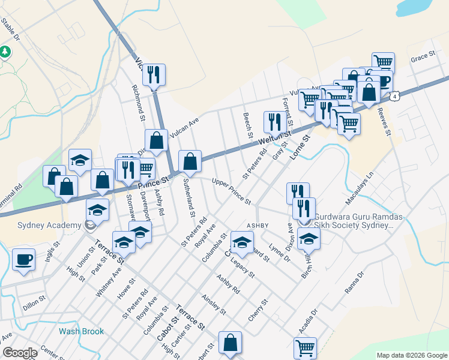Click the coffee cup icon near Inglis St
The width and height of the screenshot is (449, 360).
pos(24,259)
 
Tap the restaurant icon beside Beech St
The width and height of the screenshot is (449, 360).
pos(273,122)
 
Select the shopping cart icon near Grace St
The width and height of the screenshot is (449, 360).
pos(382,62)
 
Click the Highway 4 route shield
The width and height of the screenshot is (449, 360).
pos(394,96)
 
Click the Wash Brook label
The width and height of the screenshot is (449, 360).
pos(81,331)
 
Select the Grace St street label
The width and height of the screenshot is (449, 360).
pos(423,56)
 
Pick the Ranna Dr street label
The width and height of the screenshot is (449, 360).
pos(354,283)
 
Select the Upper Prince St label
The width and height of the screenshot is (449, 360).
pos(231,190)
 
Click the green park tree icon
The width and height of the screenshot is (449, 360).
pos(5,52)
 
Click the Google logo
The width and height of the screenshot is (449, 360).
pos(20,353)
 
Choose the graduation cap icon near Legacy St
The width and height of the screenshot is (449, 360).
pos(242,242)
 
